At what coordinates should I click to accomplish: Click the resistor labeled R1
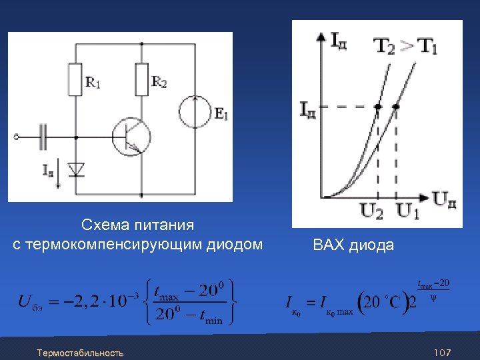click(75, 80)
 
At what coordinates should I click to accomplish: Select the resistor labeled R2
click(141, 79)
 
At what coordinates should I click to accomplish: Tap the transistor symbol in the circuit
click(131, 137)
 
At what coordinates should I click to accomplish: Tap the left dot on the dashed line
click(378, 107)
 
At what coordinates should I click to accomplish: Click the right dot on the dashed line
click(397, 107)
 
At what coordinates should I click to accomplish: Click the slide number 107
click(443, 351)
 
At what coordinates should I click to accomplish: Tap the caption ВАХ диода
click(353, 245)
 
